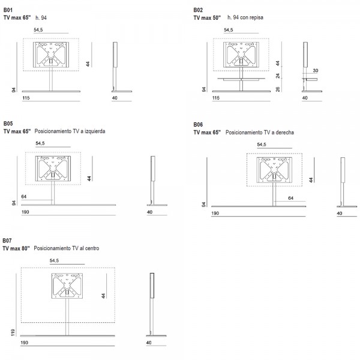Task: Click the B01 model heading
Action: (x=8, y=10)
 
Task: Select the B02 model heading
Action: (x=198, y=10)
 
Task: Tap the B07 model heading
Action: (x=7, y=241)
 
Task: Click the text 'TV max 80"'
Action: (x=16, y=248)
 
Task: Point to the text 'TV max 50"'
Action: (x=207, y=17)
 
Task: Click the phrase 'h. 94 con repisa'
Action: (x=245, y=17)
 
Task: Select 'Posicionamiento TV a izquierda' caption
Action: (x=70, y=131)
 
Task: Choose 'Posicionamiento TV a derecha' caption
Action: (x=260, y=133)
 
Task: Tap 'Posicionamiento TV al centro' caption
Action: (x=67, y=248)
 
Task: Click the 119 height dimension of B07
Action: (x=13, y=332)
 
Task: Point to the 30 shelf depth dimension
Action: (x=316, y=70)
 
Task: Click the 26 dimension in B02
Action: (x=278, y=89)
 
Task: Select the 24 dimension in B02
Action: (x=278, y=76)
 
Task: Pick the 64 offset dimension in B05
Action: (x=24, y=197)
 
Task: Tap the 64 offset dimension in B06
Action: (x=290, y=198)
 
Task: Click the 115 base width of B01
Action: (x=26, y=98)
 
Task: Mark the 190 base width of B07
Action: (x=25, y=343)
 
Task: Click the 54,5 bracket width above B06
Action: (x=262, y=145)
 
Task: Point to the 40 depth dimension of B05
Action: (x=149, y=212)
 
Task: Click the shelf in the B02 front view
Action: (x=241, y=79)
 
